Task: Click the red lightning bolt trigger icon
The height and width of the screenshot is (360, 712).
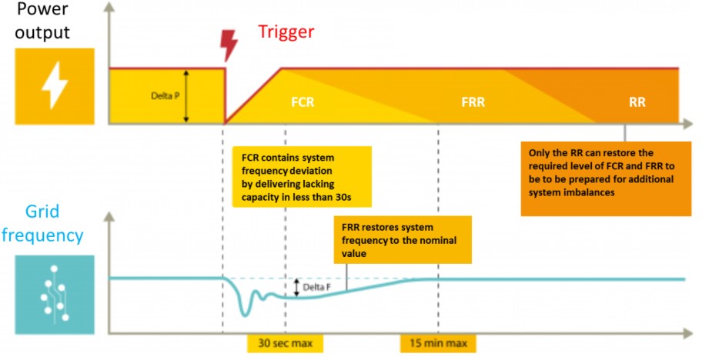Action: pyautogui.click(x=229, y=45)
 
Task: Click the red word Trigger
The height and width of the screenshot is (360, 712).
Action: pyautogui.click(x=286, y=32)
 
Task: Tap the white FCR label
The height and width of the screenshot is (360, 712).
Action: pyautogui.click(x=303, y=102)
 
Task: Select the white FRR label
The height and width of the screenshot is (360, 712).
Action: pyautogui.click(x=473, y=102)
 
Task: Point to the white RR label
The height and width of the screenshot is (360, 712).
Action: pyautogui.click(x=637, y=102)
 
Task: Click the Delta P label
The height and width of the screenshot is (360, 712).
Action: pyautogui.click(x=165, y=96)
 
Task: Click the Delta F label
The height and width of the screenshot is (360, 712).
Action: pyautogui.click(x=316, y=287)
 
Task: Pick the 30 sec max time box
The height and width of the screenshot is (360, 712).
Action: pyautogui.click(x=285, y=344)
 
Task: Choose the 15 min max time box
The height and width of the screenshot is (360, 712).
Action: pyautogui.click(x=438, y=344)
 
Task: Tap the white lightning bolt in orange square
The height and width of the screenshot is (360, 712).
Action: pyautogui.click(x=55, y=86)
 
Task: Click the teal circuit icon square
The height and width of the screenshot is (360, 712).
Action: pyautogui.click(x=55, y=295)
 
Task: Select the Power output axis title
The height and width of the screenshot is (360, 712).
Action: pyautogui.click(x=42, y=21)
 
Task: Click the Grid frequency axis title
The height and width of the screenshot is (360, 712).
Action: pyautogui.click(x=42, y=224)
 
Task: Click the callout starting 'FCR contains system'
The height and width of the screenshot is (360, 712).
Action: pyautogui.click(x=302, y=177)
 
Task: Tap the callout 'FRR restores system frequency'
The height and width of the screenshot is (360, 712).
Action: pyautogui.click(x=403, y=240)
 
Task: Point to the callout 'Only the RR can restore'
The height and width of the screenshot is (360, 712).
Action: pyautogui.click(x=606, y=179)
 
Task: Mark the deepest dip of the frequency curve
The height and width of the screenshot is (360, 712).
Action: pyautogui.click(x=246, y=315)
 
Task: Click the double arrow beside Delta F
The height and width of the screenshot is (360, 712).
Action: pyautogui.click(x=296, y=288)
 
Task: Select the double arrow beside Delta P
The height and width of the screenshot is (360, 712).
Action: pyautogui.click(x=186, y=96)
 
